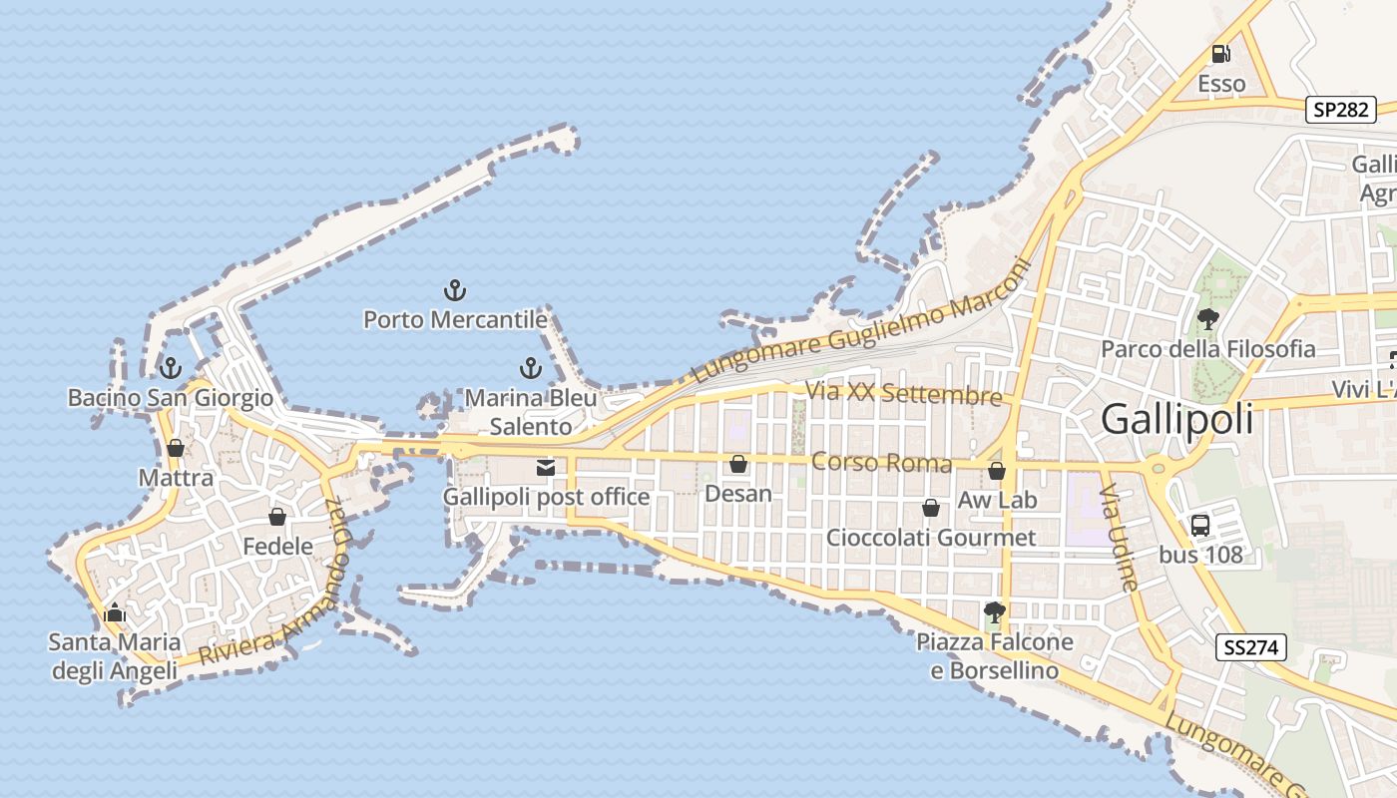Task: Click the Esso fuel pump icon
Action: [x=1220, y=54]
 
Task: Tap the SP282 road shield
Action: [x=1340, y=110]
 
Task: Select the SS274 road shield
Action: [x=1251, y=647]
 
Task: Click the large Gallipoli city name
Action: [x=1177, y=420]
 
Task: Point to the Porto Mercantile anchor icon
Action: [x=454, y=291]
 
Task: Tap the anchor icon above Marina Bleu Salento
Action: [x=531, y=369]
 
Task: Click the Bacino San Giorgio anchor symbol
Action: [x=171, y=368]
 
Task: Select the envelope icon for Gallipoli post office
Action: [x=546, y=467]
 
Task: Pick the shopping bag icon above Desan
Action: [x=738, y=464]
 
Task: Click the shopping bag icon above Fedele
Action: [x=277, y=517]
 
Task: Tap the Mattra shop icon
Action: [x=176, y=448]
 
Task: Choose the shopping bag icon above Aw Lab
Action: [x=997, y=471]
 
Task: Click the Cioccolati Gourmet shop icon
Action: [x=931, y=508]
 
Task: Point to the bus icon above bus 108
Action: [x=1200, y=525]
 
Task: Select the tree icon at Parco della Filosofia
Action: [x=1207, y=319]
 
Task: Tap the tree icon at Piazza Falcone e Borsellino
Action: [x=994, y=611]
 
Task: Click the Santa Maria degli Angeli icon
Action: [x=115, y=612]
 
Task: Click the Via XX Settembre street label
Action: [x=903, y=394]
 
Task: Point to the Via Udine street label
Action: [x=1119, y=539]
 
